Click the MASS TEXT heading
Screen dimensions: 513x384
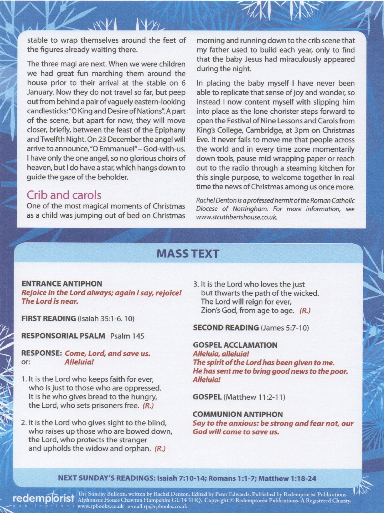[188, 254]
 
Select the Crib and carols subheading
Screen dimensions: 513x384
[64, 195]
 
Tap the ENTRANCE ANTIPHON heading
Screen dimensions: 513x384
[62, 284]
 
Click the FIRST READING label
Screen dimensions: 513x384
[48, 319]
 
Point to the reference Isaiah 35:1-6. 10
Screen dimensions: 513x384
[106, 319]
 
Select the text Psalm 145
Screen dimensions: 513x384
[127, 336]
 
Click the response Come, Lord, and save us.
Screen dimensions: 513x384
[108, 353]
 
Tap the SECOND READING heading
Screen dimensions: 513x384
[226, 328]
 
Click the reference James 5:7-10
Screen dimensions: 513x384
[285, 328]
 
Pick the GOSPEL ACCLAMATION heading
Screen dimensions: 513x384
[235, 345]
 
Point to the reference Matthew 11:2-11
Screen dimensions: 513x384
[254, 397]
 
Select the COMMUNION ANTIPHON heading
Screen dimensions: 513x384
[238, 415]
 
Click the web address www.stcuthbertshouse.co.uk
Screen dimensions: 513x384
[236, 217]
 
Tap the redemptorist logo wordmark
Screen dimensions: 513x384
[44, 499]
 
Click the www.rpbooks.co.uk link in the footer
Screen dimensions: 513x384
[100, 506]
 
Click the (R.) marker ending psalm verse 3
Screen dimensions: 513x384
[305, 311]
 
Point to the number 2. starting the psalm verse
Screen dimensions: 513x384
[24, 423]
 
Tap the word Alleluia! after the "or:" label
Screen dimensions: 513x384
[79, 362]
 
